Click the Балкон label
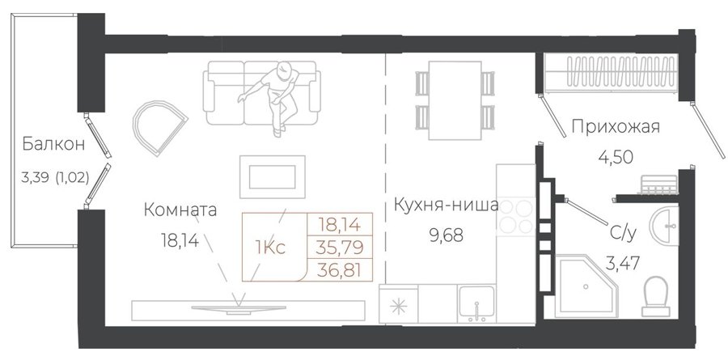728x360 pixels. tap(54, 144)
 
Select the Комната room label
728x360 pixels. tap(180, 210)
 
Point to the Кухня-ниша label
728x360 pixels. tap(447, 205)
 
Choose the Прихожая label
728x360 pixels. tap(616, 126)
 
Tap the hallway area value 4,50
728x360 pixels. tap(616, 158)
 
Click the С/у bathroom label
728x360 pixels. tap(623, 232)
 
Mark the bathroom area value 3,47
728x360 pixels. tap(623, 264)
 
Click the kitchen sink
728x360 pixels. tap(476, 304)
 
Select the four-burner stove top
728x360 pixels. tap(516, 216)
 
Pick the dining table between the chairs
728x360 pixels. tap(455, 100)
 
